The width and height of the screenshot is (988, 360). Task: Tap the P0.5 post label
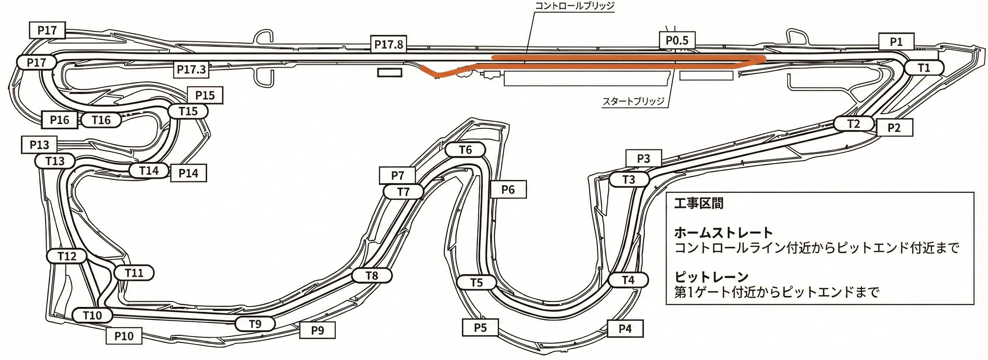(x=677, y=40)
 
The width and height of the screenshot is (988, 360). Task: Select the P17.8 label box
(x=388, y=44)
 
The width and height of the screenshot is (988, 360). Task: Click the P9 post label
(x=318, y=330)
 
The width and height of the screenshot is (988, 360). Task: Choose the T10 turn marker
(x=92, y=316)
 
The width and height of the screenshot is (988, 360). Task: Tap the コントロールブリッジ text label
(x=574, y=6)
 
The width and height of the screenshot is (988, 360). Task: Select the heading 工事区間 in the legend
(x=699, y=203)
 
